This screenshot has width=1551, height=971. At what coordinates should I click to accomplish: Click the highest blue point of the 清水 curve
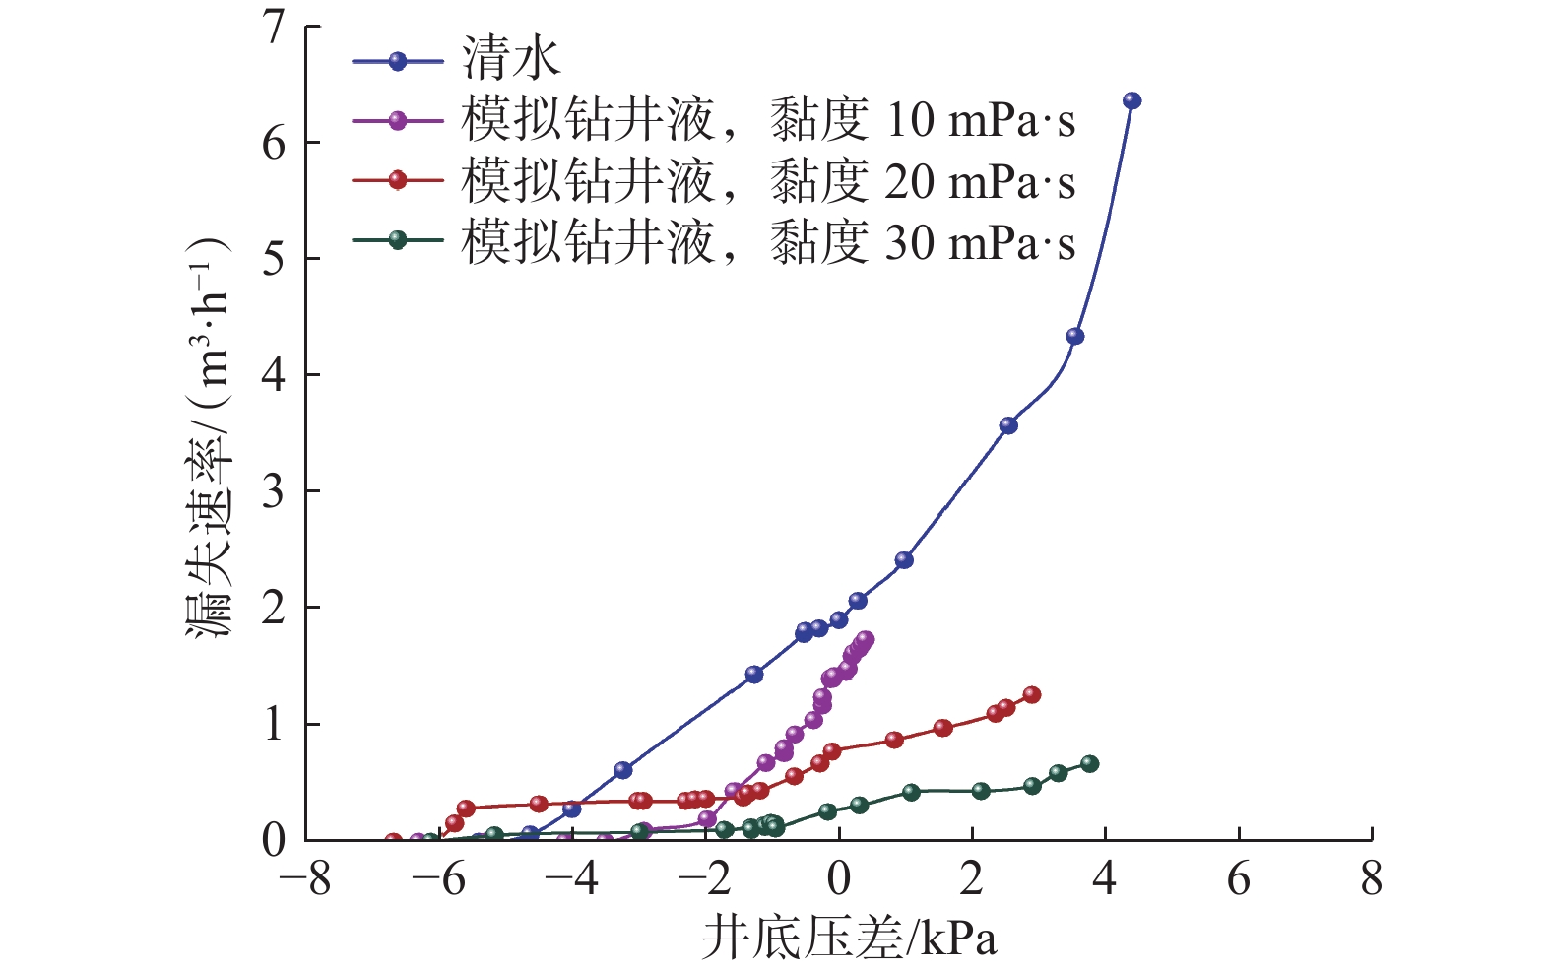coord(1131,100)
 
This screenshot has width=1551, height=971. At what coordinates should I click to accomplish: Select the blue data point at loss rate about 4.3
coord(1074,336)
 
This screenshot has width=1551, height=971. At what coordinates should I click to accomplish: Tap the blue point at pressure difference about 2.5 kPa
coord(1007,425)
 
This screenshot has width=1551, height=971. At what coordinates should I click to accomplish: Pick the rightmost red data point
coord(1031,694)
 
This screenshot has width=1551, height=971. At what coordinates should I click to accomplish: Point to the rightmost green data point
coord(1089,763)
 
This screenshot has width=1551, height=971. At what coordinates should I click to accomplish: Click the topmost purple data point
coord(865,639)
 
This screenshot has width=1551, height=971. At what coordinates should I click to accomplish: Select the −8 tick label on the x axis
coord(305,879)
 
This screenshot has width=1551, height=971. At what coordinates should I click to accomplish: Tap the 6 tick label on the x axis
coord(1238,879)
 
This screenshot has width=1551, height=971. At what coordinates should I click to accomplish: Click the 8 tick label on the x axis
coord(1371,879)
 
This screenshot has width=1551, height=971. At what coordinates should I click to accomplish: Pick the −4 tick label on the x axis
coord(572,879)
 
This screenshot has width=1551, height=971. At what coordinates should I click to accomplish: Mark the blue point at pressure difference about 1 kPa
coord(903,560)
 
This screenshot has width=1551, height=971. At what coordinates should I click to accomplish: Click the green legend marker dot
coord(398,240)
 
